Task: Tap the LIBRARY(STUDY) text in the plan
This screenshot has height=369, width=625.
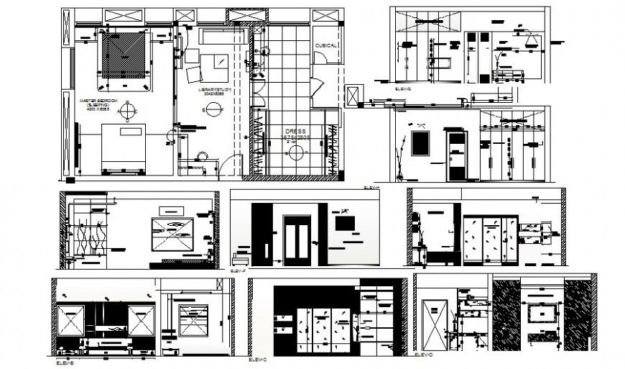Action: pos(213,88)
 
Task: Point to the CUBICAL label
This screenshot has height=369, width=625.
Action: pos(325,45)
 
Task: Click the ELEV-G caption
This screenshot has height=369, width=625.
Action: pos(402,88)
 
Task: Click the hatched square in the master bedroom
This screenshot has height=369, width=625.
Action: pos(124,56)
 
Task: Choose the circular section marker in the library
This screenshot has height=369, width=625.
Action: pos(213,109)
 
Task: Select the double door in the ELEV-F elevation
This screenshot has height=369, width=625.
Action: pos(297,238)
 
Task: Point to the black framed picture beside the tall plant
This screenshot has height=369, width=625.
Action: pos(421,142)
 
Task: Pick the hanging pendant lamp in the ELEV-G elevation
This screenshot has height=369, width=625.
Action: pos(532,40)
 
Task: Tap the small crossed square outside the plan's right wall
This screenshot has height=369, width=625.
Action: pos(353,96)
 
